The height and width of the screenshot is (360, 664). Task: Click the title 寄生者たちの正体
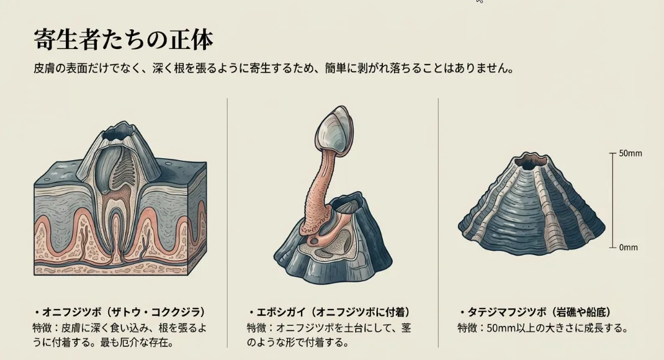(123, 40)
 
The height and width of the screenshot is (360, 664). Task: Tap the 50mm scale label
(630, 153)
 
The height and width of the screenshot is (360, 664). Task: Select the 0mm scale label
(628, 247)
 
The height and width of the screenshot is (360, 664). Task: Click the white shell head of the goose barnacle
(334, 130)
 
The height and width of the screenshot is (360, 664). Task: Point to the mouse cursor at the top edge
(479, 2)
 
